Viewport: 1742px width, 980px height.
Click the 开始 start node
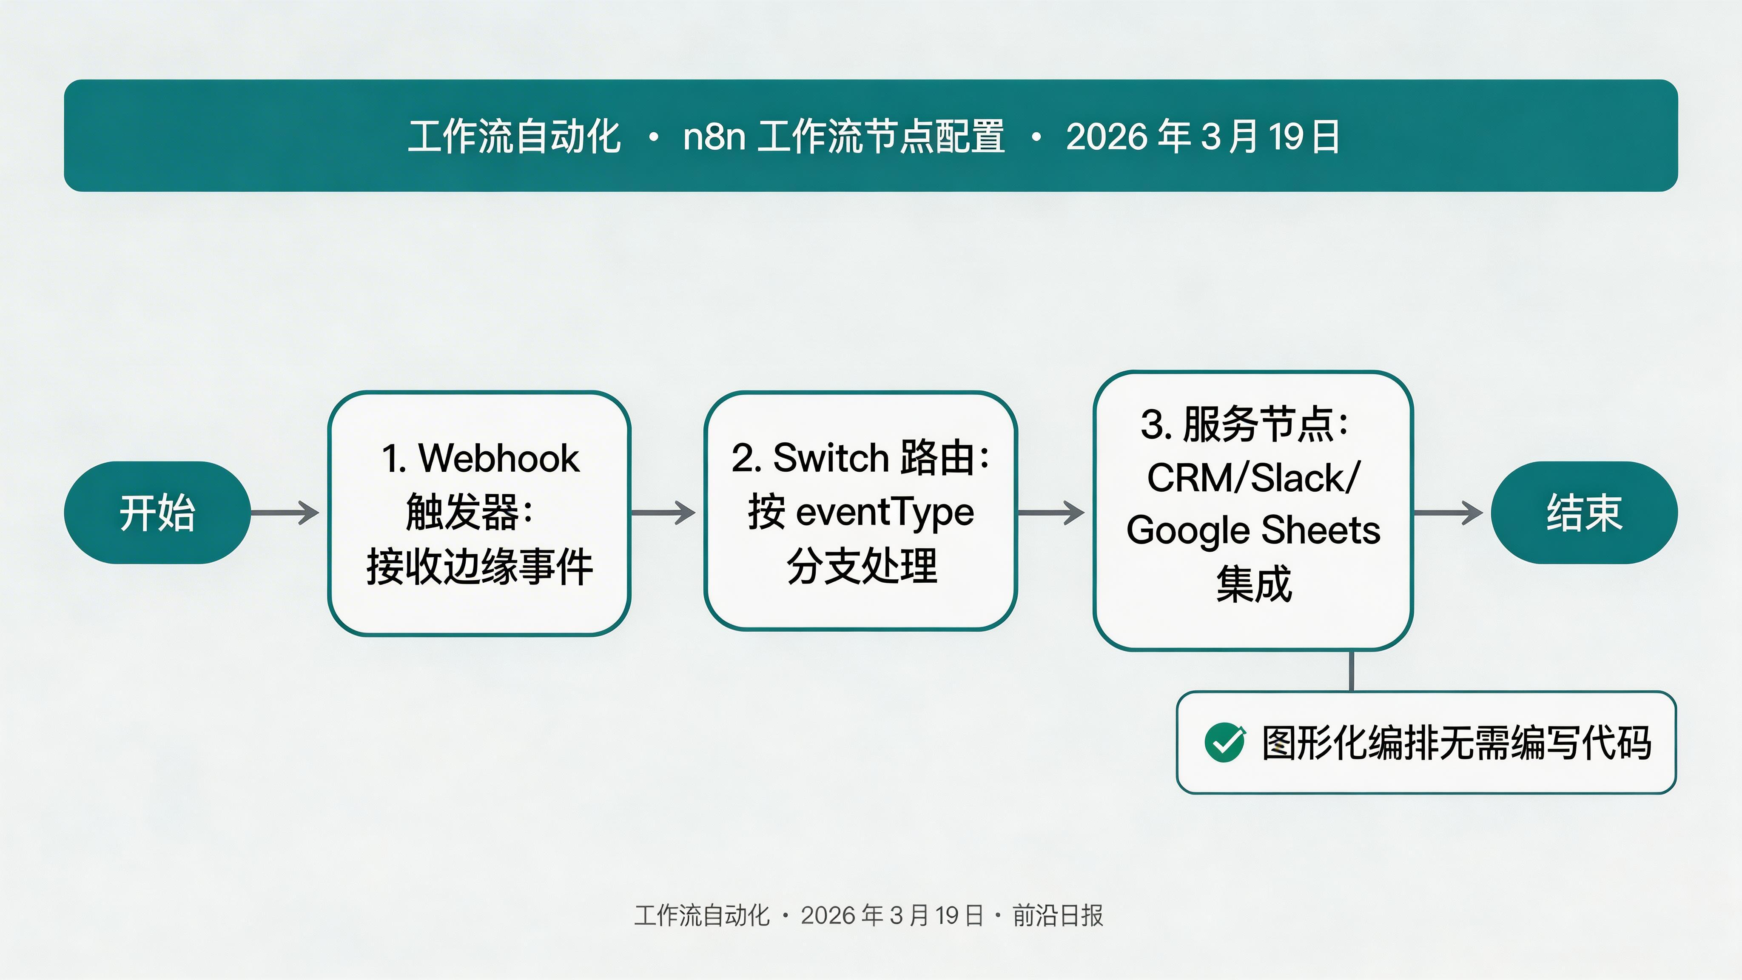click(157, 513)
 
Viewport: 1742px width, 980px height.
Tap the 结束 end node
click(1584, 513)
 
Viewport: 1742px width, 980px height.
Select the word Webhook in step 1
click(499, 459)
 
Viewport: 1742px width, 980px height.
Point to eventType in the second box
click(885, 512)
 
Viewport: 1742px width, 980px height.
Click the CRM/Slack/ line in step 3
click(1253, 478)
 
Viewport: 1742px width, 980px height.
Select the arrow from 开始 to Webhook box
click(285, 513)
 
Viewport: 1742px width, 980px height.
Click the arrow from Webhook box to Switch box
click(663, 513)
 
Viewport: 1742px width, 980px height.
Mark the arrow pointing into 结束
click(1448, 513)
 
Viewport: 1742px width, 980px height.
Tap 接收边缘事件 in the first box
click(479, 567)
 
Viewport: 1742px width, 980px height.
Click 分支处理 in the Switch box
click(862, 565)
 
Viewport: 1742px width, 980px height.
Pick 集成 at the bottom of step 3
click(1253, 584)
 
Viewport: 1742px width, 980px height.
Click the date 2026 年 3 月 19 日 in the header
click(1202, 136)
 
